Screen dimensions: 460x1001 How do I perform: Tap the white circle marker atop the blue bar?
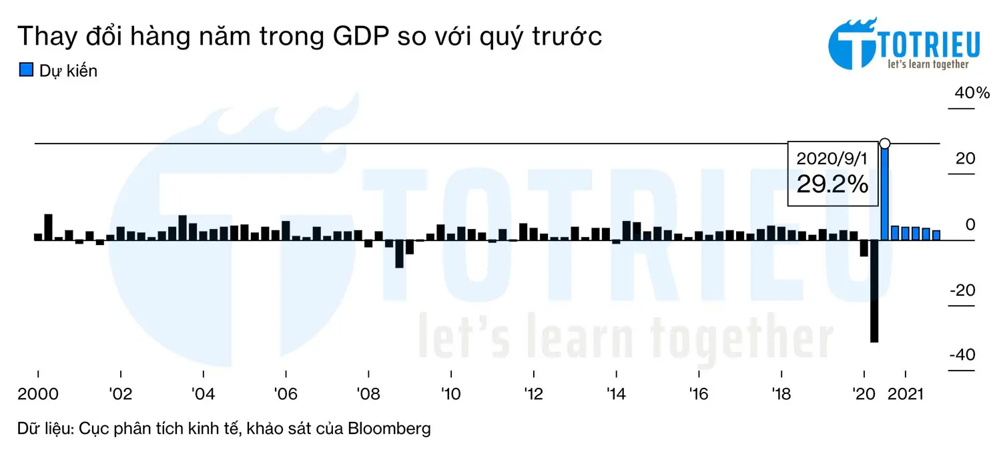[x=885, y=144]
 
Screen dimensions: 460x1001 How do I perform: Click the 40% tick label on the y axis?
[x=972, y=93]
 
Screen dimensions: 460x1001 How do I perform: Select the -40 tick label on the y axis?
[x=962, y=355]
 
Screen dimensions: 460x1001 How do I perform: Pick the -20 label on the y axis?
[x=962, y=290]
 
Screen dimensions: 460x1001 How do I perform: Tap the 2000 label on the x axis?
[x=37, y=394]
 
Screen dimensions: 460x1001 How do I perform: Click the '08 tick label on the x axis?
[x=368, y=394]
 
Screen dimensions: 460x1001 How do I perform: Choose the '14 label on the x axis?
[x=616, y=394]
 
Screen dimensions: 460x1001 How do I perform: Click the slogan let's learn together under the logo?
[x=928, y=64]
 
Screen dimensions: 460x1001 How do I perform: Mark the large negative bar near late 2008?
[x=399, y=254]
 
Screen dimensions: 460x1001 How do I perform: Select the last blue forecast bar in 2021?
[x=936, y=235]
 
